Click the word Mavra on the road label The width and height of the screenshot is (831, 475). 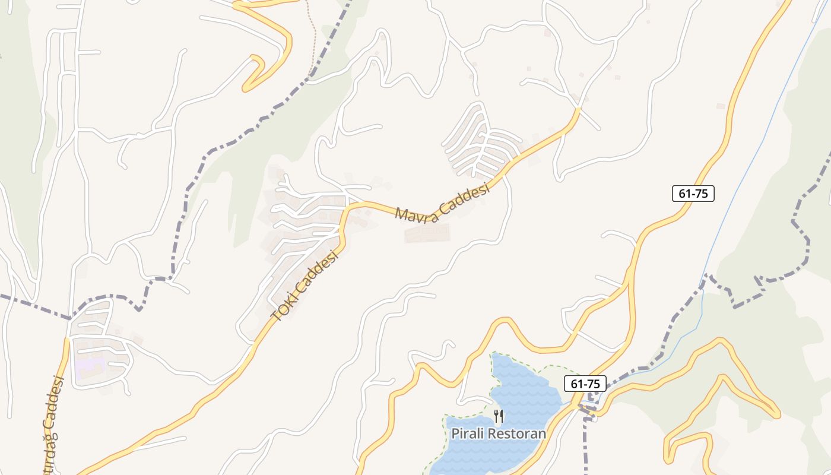coord(417,213)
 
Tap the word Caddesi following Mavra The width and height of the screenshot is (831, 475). coord(465,199)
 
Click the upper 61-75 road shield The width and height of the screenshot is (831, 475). coord(693,193)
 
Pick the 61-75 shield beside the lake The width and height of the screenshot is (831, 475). coord(585,384)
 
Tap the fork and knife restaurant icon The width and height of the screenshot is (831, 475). coord(499,416)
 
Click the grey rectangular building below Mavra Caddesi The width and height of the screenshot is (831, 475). coord(427,233)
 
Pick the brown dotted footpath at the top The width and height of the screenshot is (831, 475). coord(311,36)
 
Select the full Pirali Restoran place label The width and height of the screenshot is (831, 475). coord(499,433)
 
